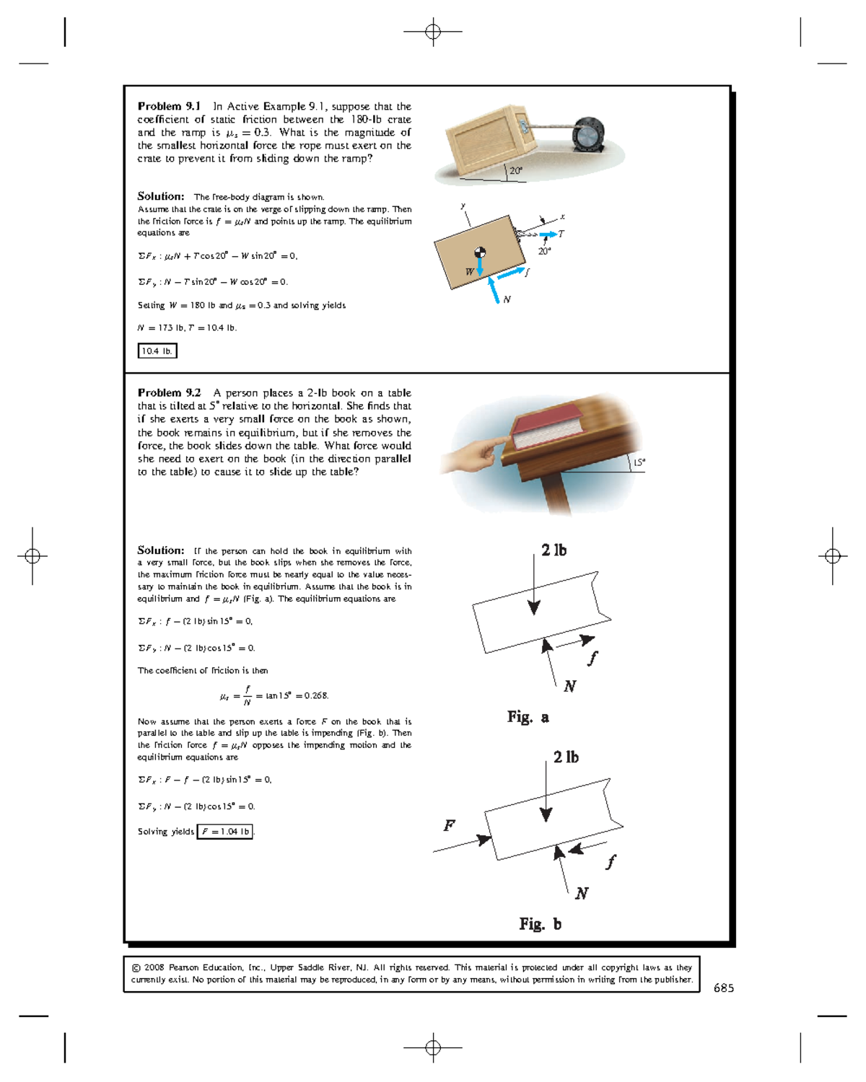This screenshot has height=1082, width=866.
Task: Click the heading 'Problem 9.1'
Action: tap(169, 106)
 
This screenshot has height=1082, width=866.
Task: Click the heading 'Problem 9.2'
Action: tap(169, 393)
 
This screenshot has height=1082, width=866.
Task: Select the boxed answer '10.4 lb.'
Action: tap(157, 351)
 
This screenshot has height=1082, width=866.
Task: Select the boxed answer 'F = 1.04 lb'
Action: tap(225, 832)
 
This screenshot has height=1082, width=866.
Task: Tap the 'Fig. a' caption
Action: tap(528, 717)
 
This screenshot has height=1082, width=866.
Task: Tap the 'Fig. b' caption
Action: tap(540, 924)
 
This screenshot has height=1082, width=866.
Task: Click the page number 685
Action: tap(723, 988)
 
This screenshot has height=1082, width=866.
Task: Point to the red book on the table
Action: tap(546, 428)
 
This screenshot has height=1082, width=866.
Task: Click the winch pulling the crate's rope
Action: tap(587, 132)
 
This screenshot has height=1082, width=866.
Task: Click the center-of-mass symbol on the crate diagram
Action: tap(480, 252)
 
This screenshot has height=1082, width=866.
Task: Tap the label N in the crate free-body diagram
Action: tap(507, 299)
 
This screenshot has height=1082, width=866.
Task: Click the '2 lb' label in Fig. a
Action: tap(554, 550)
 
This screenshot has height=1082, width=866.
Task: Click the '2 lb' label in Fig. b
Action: tap(566, 757)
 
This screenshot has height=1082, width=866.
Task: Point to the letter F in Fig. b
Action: tap(449, 825)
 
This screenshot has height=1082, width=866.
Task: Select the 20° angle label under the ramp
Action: tap(515, 171)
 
